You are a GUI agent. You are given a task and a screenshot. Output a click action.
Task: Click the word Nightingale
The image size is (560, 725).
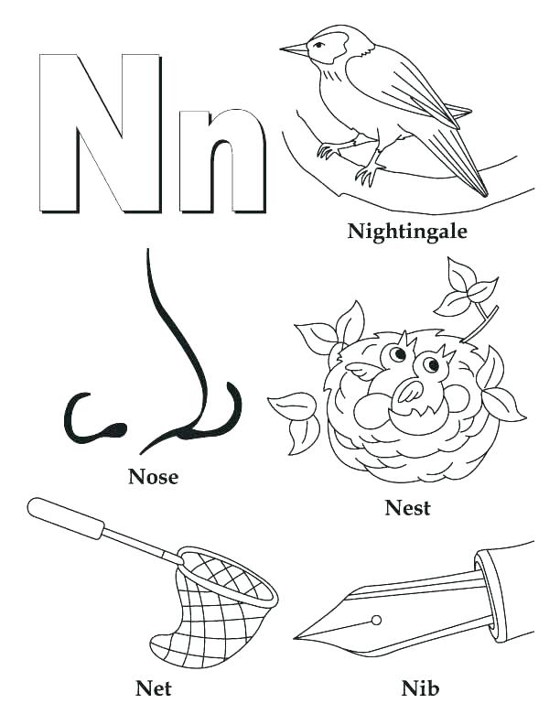click(406, 231)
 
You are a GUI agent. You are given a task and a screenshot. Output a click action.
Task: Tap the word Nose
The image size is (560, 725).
click(153, 476)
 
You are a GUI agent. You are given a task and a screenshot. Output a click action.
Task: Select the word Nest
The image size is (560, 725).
click(407, 507)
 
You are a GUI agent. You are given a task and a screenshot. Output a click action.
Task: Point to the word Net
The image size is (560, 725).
click(153, 687)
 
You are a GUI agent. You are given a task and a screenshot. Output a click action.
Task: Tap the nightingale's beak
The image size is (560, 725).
click(294, 49)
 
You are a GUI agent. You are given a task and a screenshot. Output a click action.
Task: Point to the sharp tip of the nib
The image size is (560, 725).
click(298, 636)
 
